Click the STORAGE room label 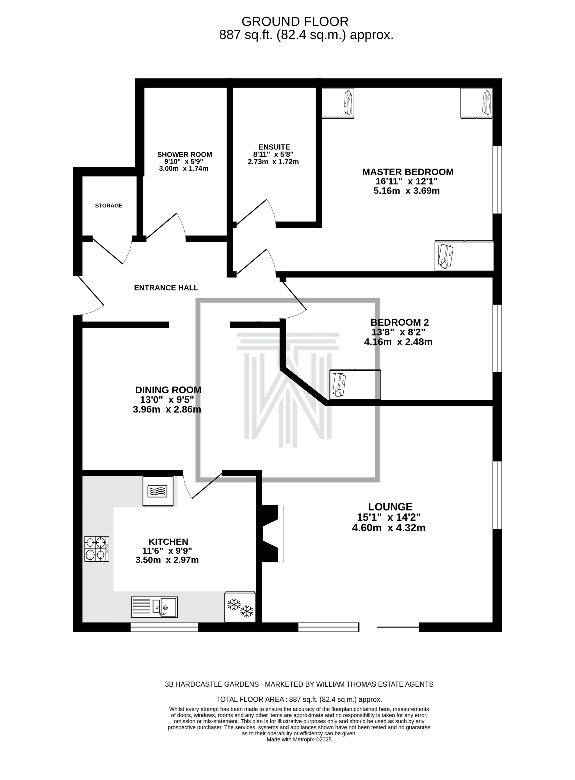(x=109, y=206)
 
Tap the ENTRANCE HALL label (x=166, y=288)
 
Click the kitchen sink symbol (x=154, y=607)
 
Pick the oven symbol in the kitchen (x=158, y=491)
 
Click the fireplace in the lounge (x=273, y=533)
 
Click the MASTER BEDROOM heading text (x=408, y=172)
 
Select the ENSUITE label (x=274, y=147)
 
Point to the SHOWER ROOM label (x=184, y=154)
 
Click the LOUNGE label (x=390, y=507)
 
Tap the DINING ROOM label (x=168, y=389)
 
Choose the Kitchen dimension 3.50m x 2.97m (x=167, y=560)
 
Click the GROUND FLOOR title (x=295, y=22)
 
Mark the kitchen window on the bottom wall (x=164, y=627)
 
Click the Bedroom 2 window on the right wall (x=498, y=338)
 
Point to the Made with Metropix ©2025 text (x=299, y=739)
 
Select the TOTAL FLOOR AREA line (x=299, y=699)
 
